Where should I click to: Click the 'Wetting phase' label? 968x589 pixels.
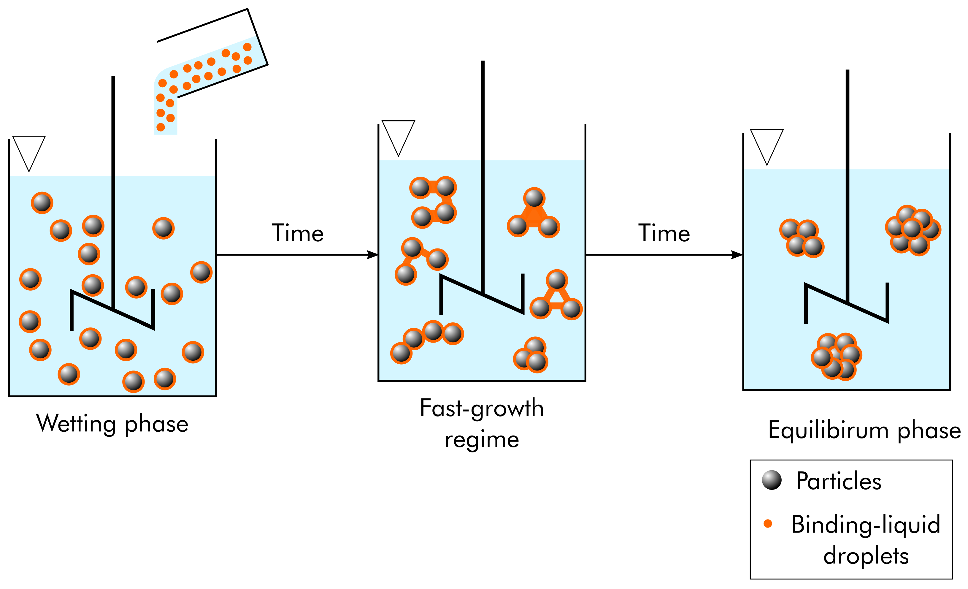pos(112,424)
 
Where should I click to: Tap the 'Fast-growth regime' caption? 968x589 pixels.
pos(482,424)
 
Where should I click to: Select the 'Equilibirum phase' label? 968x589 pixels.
pos(864,430)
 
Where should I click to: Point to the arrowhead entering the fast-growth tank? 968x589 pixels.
pos(372,255)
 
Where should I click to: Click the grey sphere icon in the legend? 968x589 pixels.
pos(772,480)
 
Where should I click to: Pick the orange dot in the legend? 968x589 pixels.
pos(768,523)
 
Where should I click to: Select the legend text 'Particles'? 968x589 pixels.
pos(838,481)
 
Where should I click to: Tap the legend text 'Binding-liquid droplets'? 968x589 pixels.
pos(866,539)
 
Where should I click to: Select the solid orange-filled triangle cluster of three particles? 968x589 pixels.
pos(534,216)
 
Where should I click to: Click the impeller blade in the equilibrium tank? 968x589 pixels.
pos(847,303)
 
